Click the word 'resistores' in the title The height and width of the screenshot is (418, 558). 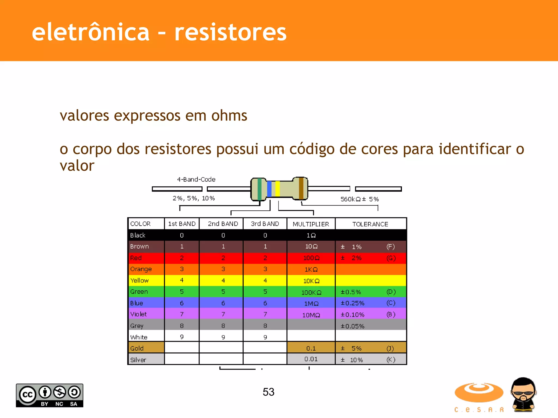click(230, 33)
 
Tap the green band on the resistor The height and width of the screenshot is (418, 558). click(259, 189)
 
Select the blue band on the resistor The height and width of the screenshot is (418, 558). click(269, 189)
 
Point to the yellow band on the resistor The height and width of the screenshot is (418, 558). click(277, 189)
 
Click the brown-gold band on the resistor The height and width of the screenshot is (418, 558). click(301, 188)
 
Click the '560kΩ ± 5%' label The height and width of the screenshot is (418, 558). click(359, 199)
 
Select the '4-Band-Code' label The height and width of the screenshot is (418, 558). click(196, 180)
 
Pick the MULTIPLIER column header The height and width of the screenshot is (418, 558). click(311, 224)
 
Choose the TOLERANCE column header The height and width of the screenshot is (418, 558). click(370, 224)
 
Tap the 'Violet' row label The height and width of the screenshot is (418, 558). click(138, 314)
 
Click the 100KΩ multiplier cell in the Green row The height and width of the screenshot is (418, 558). click(311, 292)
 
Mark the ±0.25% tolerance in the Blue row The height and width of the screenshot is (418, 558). click(352, 303)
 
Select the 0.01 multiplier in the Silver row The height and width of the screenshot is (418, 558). click(311, 359)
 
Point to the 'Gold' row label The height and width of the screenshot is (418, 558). click(137, 348)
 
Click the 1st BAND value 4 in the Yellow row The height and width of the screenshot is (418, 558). click(182, 280)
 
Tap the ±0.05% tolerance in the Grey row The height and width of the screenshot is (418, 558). click(352, 326)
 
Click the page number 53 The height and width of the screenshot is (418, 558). click(268, 392)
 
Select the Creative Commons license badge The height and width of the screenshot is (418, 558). click(50, 395)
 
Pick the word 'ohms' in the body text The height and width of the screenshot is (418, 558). click(229, 116)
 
